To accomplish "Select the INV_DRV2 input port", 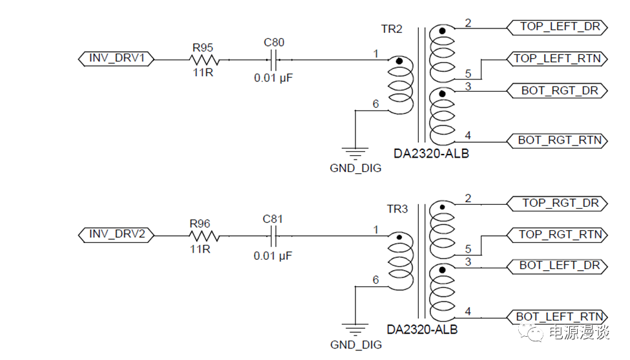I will coord(116,234).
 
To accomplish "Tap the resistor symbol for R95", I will coord(204,60).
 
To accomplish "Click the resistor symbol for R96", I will coord(204,236).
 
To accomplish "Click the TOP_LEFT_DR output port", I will coord(555,27).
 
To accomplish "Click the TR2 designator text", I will coord(392,30).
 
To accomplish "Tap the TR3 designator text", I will coord(397,209).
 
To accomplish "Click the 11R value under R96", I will coord(203,250).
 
